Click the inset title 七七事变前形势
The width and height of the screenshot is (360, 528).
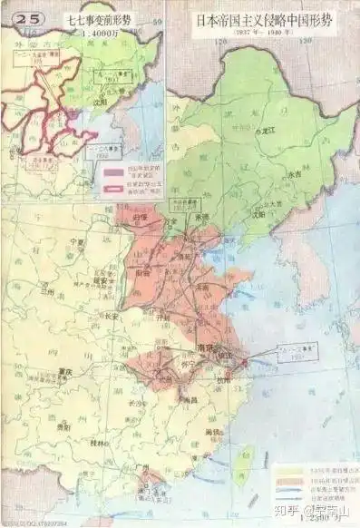tap(93, 16)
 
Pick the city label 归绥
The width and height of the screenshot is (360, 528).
tap(139, 218)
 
